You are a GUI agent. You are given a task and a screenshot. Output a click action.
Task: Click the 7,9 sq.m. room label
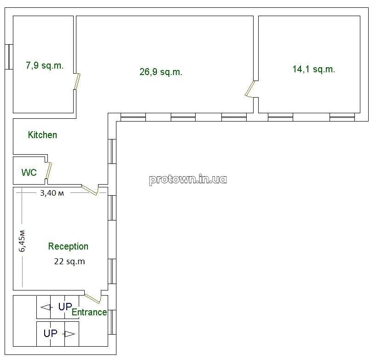[x=45, y=65]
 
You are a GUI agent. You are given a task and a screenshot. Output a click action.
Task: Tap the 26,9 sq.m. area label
[x=161, y=72]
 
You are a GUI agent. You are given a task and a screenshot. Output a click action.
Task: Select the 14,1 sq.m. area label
[x=314, y=69]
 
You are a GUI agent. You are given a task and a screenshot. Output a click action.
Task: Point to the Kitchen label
[x=42, y=135]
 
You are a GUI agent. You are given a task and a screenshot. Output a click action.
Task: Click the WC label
[x=29, y=173]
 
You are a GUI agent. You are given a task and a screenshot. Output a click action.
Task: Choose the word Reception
[x=68, y=247]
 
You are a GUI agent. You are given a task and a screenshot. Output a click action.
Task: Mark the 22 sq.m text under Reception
[x=69, y=261]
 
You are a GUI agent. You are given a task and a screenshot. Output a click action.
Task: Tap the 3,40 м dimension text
[x=52, y=193]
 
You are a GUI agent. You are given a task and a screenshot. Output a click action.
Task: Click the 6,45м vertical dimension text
[x=22, y=241]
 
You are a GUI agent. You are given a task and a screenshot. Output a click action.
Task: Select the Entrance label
[x=89, y=312]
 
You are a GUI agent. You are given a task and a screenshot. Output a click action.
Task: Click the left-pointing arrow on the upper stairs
[x=46, y=307]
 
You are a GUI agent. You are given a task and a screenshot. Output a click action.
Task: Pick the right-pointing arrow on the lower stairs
[x=69, y=334]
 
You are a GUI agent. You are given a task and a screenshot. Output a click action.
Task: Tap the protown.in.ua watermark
[x=188, y=179]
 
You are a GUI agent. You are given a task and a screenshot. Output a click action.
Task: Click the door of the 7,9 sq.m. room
[x=77, y=81]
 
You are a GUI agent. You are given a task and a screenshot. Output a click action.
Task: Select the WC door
[x=49, y=170]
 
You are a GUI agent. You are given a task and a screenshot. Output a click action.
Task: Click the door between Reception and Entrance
[x=93, y=297]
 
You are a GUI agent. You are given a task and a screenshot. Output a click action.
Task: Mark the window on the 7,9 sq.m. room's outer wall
[x=9, y=57]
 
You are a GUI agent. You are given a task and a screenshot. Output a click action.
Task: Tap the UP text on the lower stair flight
[x=51, y=333]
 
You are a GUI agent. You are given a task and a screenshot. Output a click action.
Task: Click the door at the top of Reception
[x=90, y=190]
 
